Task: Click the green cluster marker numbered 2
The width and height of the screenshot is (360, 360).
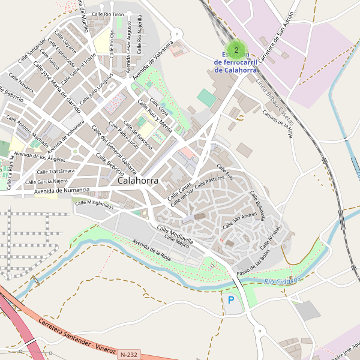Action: point(236,50)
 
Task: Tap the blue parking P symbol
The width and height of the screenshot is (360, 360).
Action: point(231,299)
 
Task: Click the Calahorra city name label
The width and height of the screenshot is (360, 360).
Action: point(138,180)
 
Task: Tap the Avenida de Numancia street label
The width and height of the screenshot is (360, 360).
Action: point(62,191)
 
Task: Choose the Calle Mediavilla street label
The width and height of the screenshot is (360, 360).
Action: point(175,235)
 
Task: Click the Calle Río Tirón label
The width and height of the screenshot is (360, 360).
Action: point(108,13)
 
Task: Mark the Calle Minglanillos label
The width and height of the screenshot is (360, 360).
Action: point(94,205)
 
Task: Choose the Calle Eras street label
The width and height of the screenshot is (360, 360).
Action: point(225,173)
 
